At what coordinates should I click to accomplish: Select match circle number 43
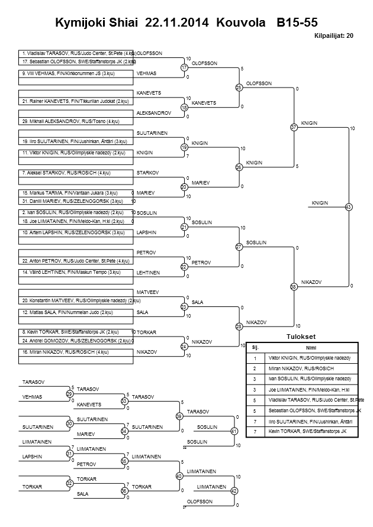(x=348, y=207)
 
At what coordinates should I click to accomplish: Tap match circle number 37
(x=294, y=127)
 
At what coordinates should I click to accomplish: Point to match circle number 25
(x=239, y=88)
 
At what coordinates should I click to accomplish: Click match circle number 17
(x=184, y=68)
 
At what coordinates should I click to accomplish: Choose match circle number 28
(x=239, y=326)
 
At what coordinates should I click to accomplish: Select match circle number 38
(x=294, y=286)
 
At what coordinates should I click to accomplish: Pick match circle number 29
(x=69, y=393)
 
